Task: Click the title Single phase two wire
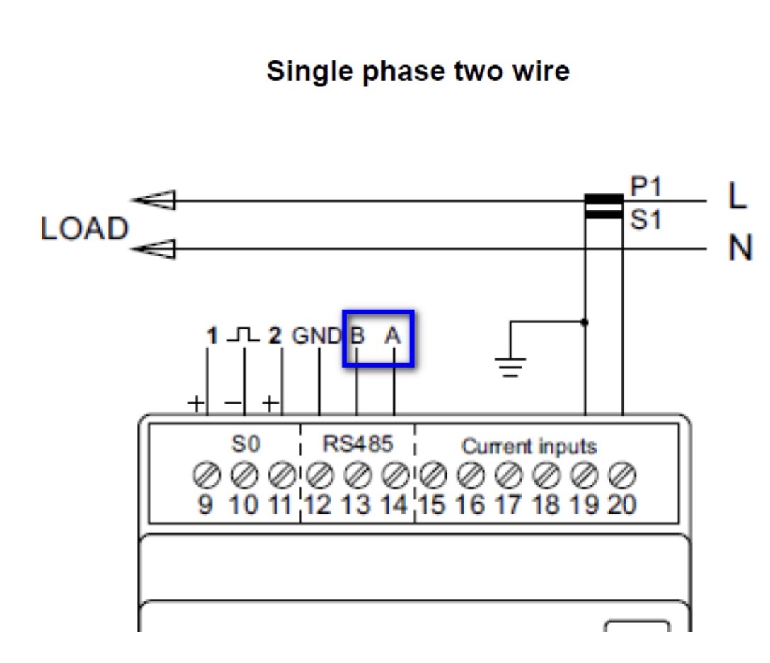418,72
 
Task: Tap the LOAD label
85,229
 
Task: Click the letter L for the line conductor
737,198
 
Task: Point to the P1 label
646,187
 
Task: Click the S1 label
645,220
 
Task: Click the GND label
317,336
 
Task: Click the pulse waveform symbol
243,334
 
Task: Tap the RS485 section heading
357,444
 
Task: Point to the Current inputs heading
529,447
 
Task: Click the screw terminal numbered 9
205,473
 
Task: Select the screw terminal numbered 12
319,473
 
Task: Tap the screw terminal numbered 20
622,473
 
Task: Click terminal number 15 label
432,504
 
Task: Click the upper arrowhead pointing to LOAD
155,201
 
